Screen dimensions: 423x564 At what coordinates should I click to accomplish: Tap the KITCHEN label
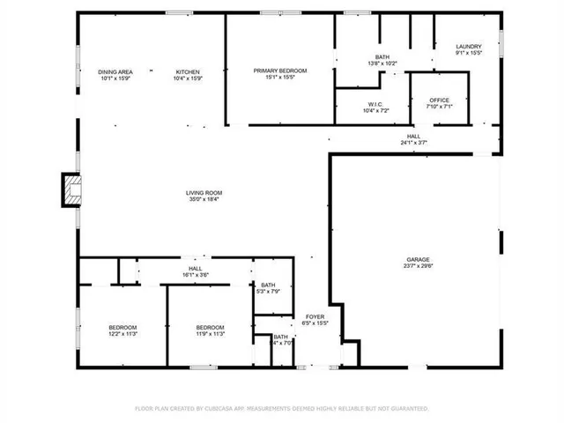pos(188,71)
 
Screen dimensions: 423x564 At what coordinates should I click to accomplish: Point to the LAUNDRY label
pos(469,47)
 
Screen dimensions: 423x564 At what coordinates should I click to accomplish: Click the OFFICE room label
pos(438,100)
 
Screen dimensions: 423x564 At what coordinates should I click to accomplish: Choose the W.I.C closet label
pos(375,103)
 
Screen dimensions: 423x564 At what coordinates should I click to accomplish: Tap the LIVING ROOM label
pos(204,193)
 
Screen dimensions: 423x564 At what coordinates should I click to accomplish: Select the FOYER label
pos(315,316)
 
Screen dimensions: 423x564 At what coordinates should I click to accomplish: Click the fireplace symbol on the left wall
pos(70,189)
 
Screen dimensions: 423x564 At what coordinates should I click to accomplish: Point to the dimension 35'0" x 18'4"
pos(204,200)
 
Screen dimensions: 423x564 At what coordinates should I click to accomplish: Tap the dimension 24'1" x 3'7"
pos(413,143)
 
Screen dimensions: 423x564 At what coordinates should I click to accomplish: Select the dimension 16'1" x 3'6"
pos(197,275)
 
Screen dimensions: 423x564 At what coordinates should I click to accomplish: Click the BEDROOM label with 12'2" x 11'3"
pos(122,327)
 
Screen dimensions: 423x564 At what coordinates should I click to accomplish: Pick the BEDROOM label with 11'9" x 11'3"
pos(211,327)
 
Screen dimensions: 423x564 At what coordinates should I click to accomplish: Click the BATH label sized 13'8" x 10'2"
pos(382,56)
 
